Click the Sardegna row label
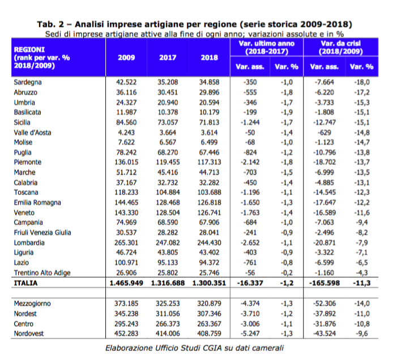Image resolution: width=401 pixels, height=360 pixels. [x=28, y=82]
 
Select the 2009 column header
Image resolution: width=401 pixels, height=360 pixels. [x=126, y=58]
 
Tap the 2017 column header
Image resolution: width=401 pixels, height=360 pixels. [x=168, y=58]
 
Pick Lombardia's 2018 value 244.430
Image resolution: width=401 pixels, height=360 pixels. [x=209, y=243]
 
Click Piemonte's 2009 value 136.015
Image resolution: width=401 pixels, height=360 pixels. [x=126, y=162]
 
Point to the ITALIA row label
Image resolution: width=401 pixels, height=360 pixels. [x=25, y=283]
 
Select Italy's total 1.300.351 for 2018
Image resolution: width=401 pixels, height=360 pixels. [x=209, y=283]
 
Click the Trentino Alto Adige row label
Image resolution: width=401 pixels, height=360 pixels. [x=42, y=273]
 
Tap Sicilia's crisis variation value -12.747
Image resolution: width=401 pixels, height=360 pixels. [x=325, y=122]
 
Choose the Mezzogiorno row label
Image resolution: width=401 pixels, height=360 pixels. [x=32, y=304]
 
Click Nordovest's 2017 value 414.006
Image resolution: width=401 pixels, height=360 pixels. [x=168, y=333]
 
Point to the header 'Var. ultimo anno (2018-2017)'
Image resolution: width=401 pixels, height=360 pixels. [x=267, y=48]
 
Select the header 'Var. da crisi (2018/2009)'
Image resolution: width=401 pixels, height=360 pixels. [x=340, y=48]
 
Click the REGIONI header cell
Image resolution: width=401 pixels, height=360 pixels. [x=42, y=58]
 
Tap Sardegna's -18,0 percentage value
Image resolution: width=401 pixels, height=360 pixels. [x=361, y=82]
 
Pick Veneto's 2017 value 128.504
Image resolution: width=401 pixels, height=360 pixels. [x=168, y=213]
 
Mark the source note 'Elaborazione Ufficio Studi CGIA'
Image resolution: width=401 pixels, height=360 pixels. [x=165, y=348]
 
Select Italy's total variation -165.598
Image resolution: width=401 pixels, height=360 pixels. [x=325, y=283]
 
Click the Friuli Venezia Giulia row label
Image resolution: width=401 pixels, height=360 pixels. [x=42, y=232]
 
